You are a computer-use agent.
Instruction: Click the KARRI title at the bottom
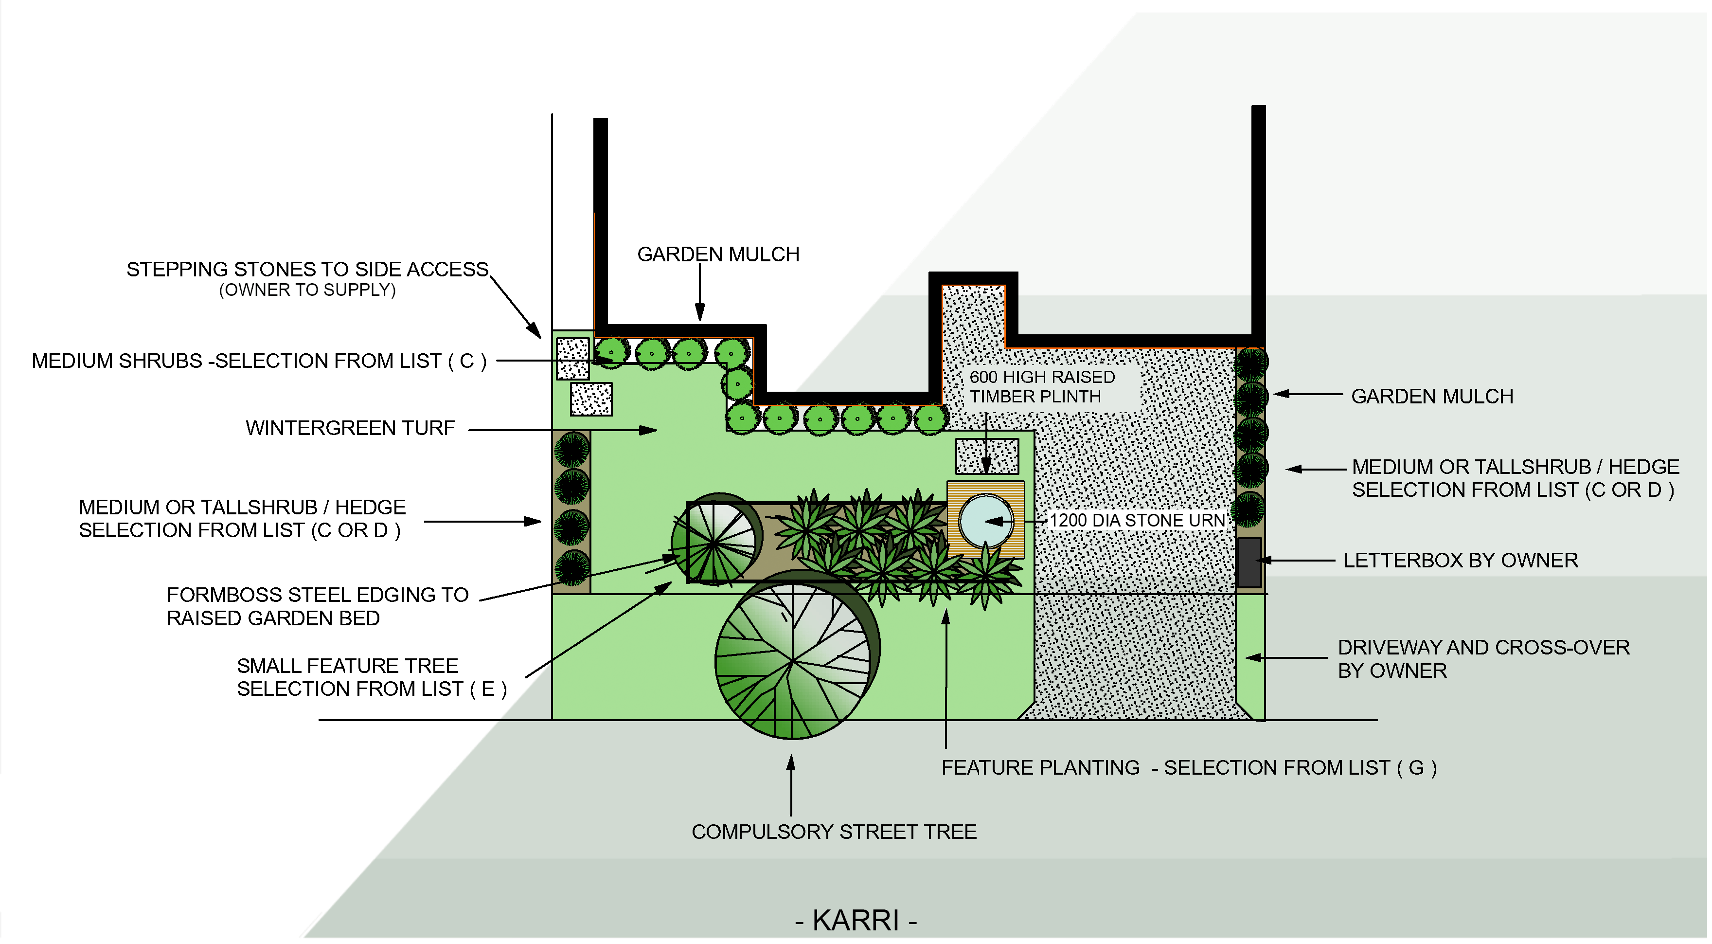coord(856,921)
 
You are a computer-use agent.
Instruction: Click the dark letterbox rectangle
coord(1249,563)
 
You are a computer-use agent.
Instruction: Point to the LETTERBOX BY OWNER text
coord(1460,561)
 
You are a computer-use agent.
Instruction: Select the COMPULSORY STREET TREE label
coord(834,832)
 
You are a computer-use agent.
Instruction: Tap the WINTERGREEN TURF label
coord(350,428)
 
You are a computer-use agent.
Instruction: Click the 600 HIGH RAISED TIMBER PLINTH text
coord(1041,386)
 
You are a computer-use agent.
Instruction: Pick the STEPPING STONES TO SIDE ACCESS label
coord(307,269)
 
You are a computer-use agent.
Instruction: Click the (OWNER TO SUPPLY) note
coord(307,290)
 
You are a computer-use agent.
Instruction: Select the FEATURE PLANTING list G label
coord(1188,768)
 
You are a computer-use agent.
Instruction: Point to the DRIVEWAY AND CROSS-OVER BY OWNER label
coord(1483,659)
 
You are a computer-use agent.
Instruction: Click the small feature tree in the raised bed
coord(716,540)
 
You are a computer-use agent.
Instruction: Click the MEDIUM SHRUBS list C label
coord(259,361)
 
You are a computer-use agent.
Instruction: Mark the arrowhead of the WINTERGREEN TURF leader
coord(650,430)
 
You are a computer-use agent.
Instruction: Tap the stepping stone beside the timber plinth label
coord(986,456)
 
